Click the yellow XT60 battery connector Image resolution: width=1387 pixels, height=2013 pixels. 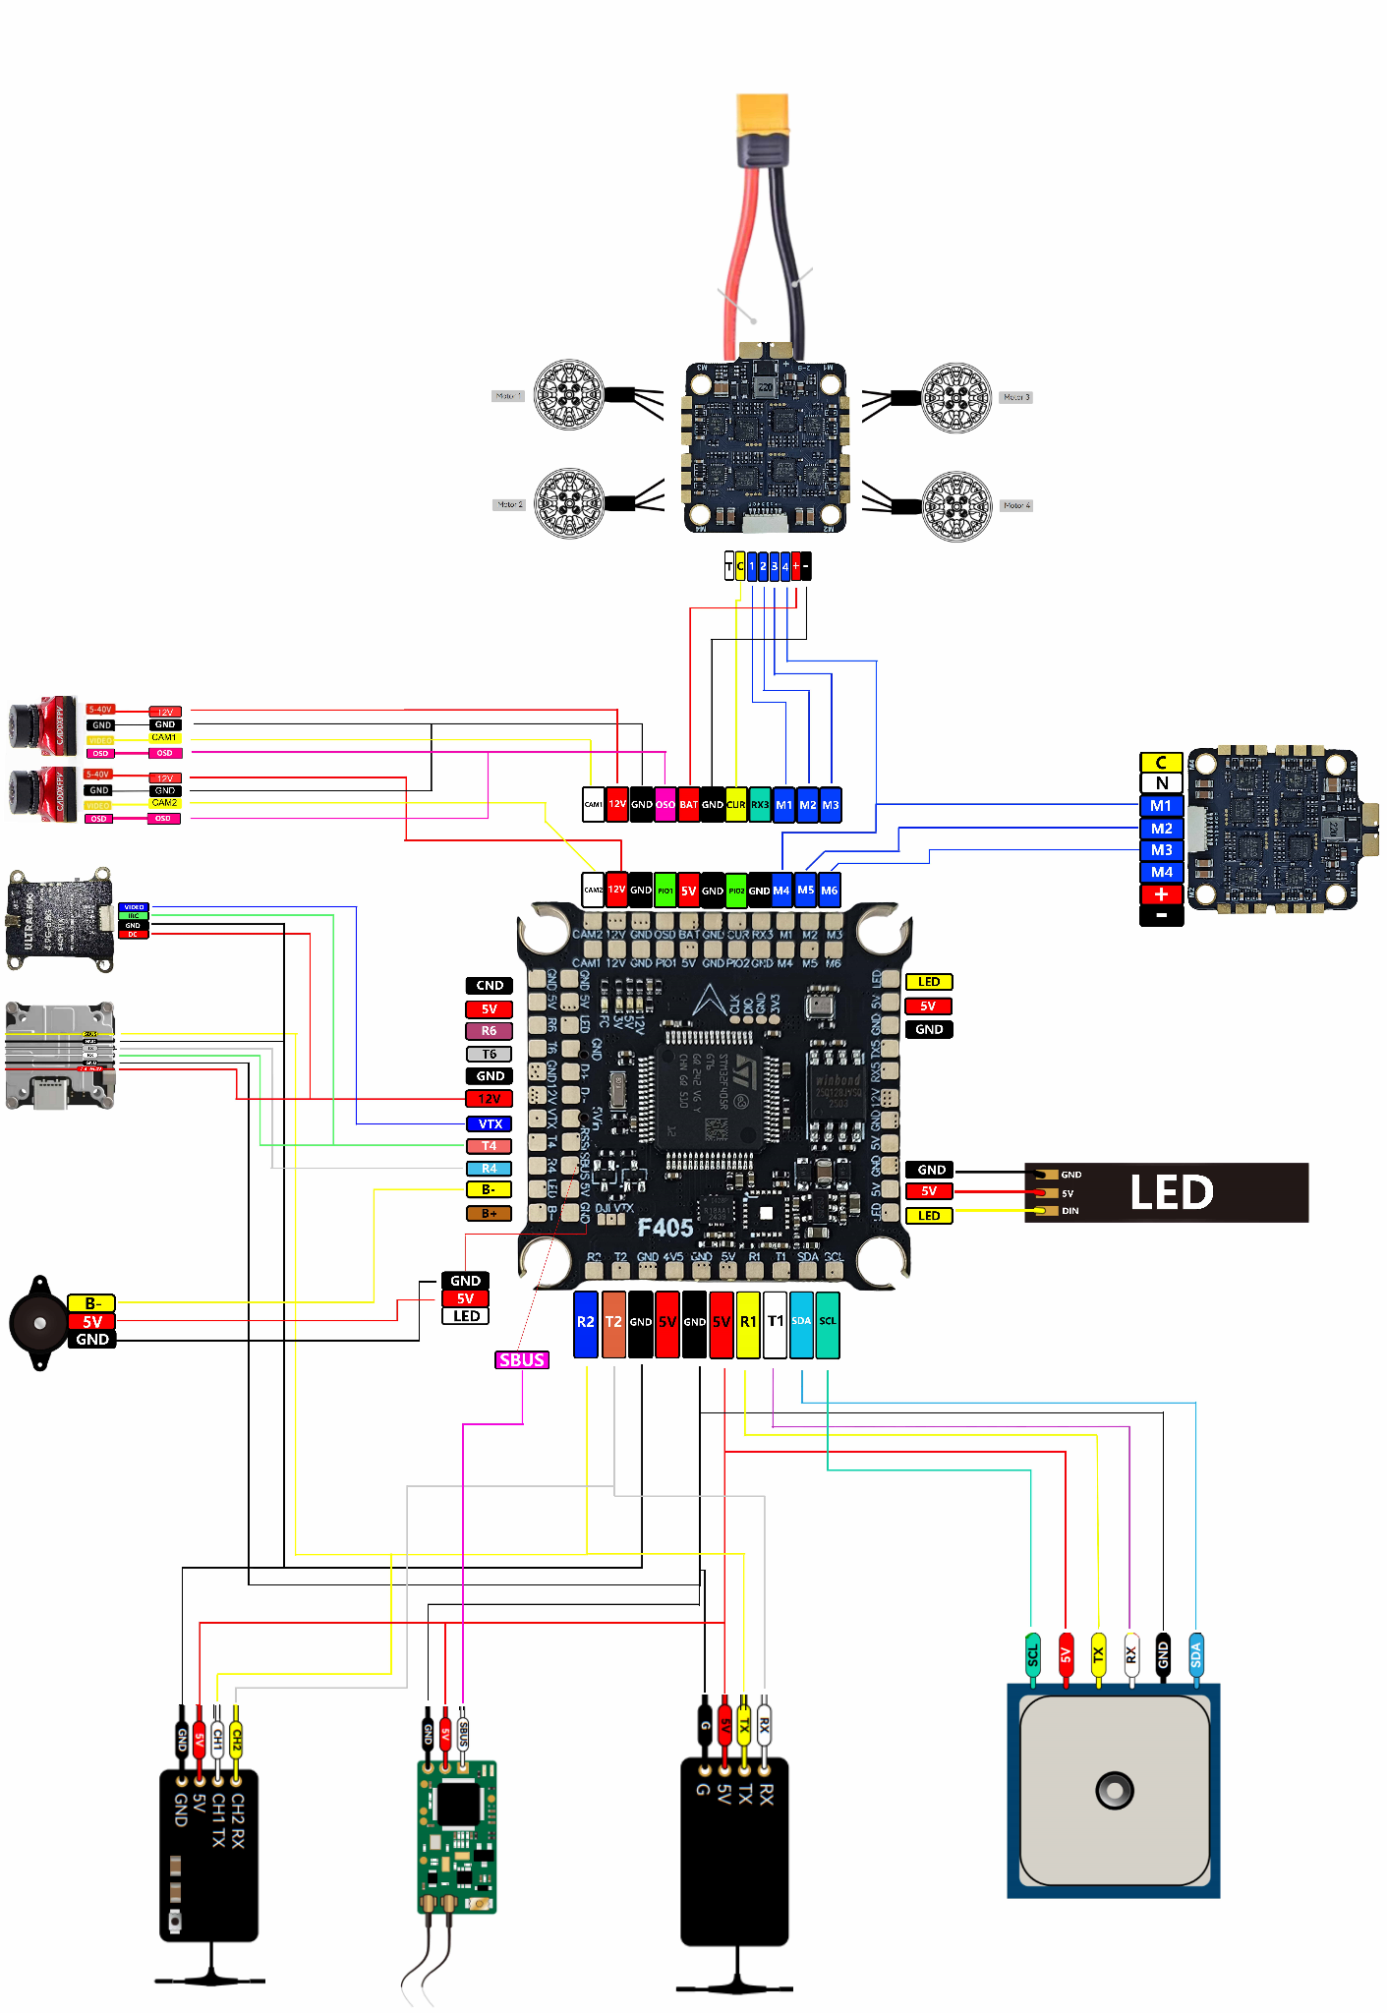(763, 117)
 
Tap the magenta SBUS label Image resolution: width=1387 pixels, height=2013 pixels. (522, 1359)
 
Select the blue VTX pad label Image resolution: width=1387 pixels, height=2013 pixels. (490, 1123)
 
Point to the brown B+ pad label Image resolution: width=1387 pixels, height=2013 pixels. (489, 1213)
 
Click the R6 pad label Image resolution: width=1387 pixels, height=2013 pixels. (489, 1031)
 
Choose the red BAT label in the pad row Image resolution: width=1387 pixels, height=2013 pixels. (689, 804)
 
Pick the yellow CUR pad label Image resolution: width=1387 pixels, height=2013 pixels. (736, 804)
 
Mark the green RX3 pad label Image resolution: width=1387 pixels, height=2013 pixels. (760, 804)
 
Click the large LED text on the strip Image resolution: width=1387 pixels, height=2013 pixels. (1172, 1192)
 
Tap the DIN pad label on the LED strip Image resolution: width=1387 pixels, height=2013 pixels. (1069, 1211)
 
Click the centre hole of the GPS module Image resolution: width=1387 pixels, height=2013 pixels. (1114, 1789)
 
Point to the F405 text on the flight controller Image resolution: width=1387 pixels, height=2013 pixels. (665, 1228)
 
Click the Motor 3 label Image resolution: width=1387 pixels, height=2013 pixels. (1016, 397)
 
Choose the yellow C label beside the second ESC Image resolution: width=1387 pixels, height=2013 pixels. (1161, 763)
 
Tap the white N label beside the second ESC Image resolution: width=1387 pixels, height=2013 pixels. (1161, 783)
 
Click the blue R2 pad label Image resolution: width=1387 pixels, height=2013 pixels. (586, 1323)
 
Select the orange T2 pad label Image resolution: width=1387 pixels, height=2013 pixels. (613, 1323)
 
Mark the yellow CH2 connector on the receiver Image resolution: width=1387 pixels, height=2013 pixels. (236, 1743)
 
